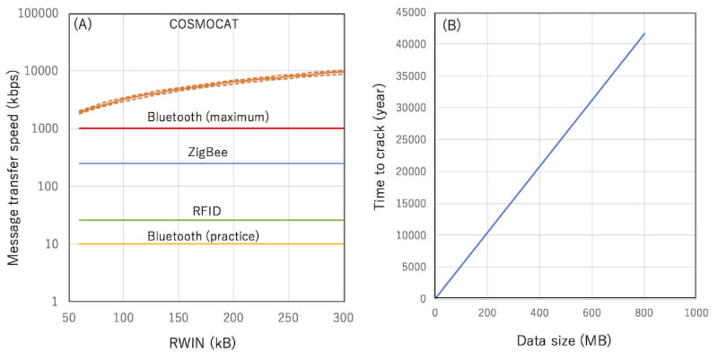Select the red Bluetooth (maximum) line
coord(269,128)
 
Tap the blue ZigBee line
coord(269,163)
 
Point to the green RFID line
coord(269,220)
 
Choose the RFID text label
coord(208,210)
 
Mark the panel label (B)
coord(451,25)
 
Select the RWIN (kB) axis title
coord(206,343)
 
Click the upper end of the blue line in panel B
coord(644,34)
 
